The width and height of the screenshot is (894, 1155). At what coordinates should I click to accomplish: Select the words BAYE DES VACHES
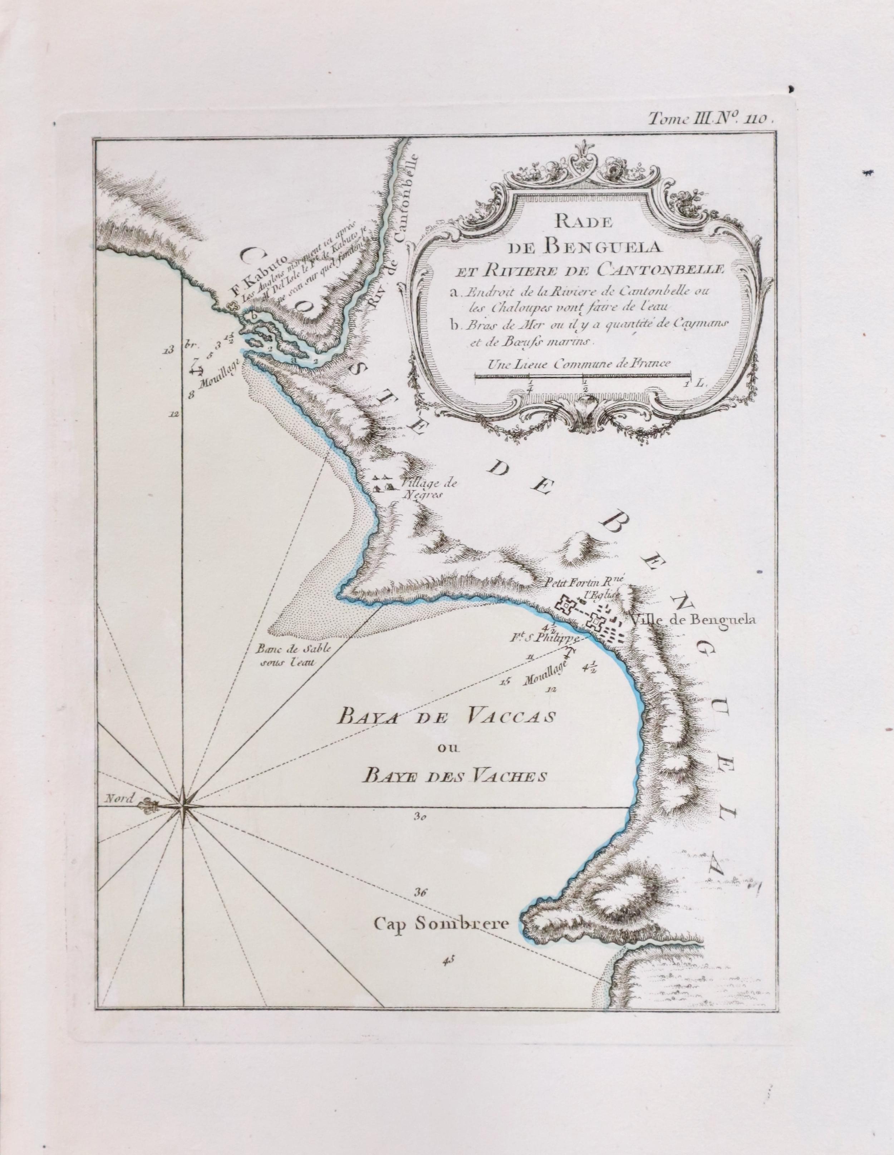click(453, 776)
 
